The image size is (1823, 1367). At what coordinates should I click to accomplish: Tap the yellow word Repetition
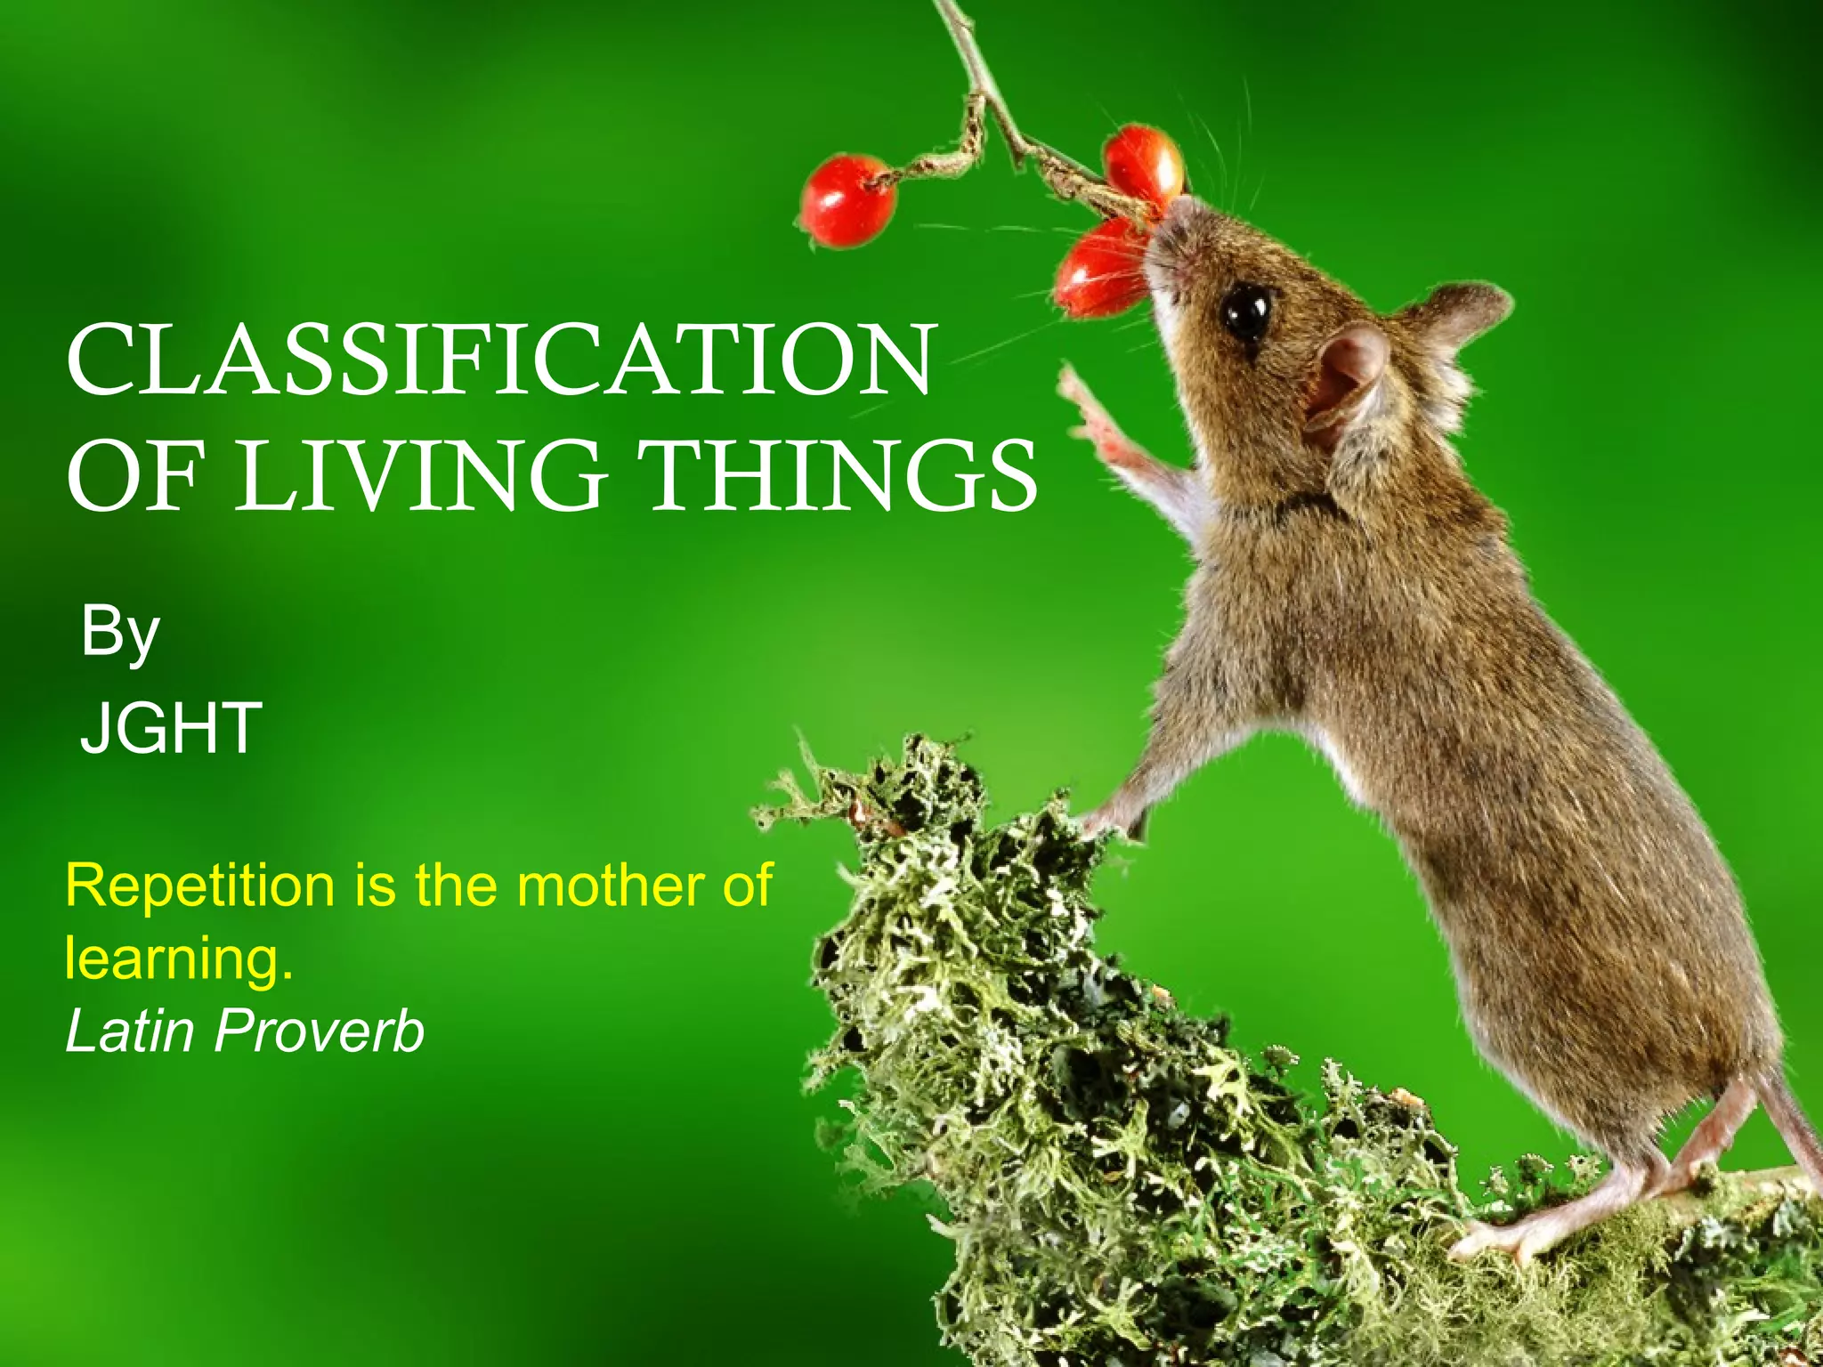point(199,887)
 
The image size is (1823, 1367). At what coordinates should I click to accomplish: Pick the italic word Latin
point(130,1031)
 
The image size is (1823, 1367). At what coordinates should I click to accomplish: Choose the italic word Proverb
point(320,1031)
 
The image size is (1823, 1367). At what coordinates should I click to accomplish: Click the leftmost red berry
point(847,201)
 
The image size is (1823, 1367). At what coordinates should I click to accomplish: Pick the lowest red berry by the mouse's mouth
point(1099,269)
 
